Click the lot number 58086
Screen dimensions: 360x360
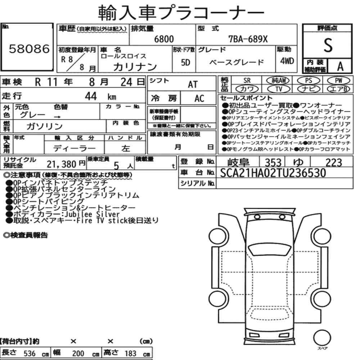[29, 49]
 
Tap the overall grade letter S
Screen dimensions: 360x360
[328, 45]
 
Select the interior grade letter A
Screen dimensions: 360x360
[340, 67]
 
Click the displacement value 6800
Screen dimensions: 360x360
[164, 39]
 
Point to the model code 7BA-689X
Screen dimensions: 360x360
[248, 39]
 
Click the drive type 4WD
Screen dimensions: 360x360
[287, 61]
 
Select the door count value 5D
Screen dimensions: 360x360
[185, 62]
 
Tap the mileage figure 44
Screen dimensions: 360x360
[91, 96]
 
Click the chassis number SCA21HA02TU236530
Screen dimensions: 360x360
[273, 173]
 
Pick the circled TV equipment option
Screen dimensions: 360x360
[279, 89]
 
